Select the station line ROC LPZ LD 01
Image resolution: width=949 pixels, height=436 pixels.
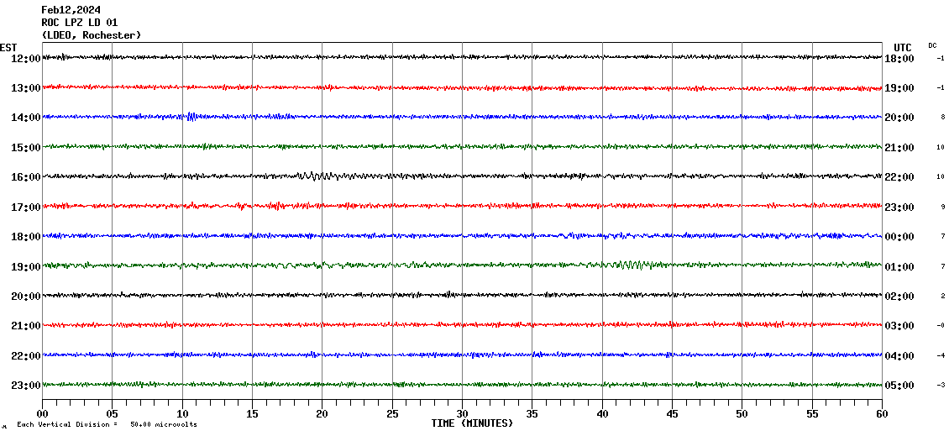click(79, 22)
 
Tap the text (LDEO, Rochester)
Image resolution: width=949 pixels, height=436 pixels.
click(91, 35)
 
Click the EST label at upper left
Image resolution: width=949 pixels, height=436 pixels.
click(8, 47)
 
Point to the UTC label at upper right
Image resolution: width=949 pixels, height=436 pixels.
click(903, 47)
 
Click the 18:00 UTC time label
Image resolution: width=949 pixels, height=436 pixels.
click(899, 58)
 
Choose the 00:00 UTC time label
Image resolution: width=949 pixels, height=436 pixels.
click(899, 237)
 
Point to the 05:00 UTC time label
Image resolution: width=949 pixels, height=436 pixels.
click(899, 386)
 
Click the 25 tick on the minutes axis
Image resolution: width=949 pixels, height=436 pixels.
click(392, 413)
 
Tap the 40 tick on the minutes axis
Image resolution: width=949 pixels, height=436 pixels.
click(602, 413)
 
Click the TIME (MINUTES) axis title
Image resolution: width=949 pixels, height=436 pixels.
click(472, 423)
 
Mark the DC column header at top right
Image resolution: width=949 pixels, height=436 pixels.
click(932, 45)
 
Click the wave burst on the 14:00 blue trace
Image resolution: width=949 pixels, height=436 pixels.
click(191, 117)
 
